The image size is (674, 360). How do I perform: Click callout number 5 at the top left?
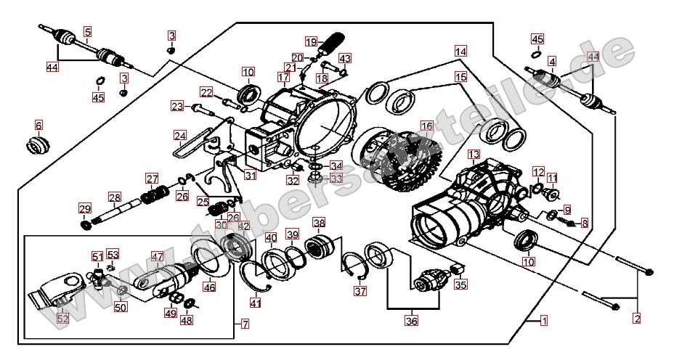(x=88, y=31)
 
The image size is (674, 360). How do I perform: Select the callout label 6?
(x=38, y=125)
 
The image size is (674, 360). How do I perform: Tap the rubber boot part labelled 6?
(x=38, y=144)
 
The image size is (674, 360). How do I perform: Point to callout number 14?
(x=461, y=52)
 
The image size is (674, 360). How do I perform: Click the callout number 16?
(x=426, y=126)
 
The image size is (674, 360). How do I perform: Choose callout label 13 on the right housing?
(x=474, y=155)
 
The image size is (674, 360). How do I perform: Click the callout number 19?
(x=311, y=41)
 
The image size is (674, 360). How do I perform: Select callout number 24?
(x=180, y=135)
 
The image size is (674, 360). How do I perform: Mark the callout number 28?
(x=114, y=197)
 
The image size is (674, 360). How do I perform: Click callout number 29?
(x=84, y=209)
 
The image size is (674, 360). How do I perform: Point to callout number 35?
(x=460, y=285)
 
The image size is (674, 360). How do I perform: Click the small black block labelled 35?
(x=458, y=271)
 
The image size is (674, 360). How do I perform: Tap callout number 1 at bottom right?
(x=544, y=320)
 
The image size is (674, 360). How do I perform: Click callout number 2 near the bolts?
(x=637, y=318)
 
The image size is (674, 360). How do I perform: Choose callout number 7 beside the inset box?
(x=245, y=322)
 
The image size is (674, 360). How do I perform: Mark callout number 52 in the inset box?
(x=62, y=318)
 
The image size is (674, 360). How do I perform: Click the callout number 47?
(x=158, y=256)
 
